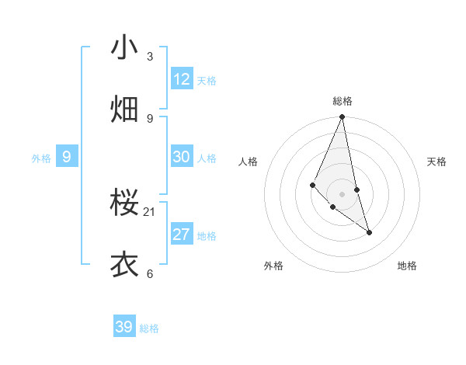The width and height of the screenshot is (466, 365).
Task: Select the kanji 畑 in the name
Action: [x=124, y=109]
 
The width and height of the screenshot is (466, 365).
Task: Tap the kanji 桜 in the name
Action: [x=124, y=203]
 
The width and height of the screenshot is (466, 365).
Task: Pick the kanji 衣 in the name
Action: [x=124, y=265]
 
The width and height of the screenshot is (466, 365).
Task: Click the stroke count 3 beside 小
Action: [x=150, y=57]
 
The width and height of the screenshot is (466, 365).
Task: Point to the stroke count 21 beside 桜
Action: [x=150, y=211]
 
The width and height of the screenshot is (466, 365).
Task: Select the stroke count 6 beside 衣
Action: [x=150, y=273]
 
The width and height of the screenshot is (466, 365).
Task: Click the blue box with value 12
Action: [x=182, y=79]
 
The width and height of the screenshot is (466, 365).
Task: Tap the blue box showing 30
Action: [x=182, y=157]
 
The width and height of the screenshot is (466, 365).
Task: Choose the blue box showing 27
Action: [x=182, y=235]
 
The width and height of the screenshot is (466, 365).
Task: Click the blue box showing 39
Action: [x=124, y=327]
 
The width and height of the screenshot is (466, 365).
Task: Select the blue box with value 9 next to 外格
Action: [x=67, y=157]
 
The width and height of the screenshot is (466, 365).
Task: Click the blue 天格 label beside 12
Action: [x=207, y=81]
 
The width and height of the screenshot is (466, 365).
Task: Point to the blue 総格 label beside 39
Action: [x=149, y=328]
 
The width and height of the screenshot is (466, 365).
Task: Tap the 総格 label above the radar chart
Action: [x=343, y=101]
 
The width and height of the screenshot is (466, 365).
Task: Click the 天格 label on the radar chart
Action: [x=437, y=162]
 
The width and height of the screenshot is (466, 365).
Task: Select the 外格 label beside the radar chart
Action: [x=273, y=266]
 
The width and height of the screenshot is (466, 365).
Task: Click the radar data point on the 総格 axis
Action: [x=342, y=117]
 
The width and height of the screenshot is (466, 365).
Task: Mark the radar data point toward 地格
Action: [x=369, y=232]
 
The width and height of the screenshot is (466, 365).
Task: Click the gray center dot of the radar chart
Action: [x=342, y=193]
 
